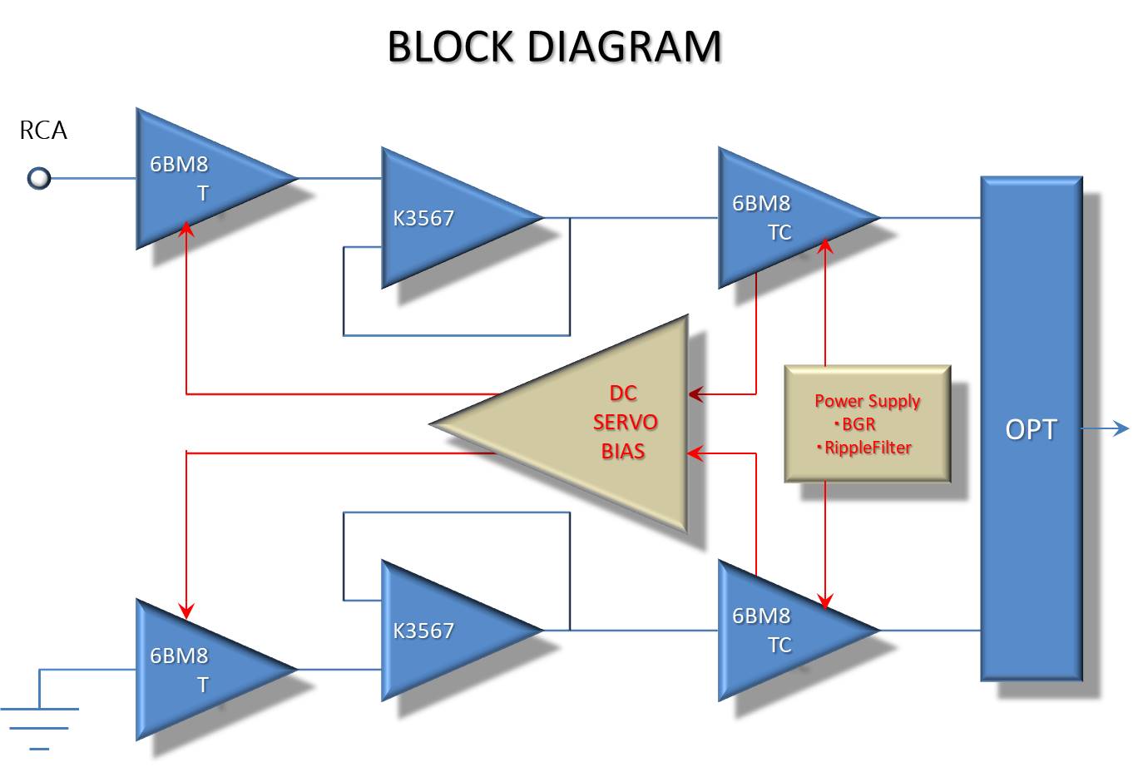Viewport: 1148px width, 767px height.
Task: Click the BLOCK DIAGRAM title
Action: pos(554,47)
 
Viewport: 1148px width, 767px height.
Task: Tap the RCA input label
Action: pos(43,131)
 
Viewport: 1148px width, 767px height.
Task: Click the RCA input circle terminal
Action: pos(39,178)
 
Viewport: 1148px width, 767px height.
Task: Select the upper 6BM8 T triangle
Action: pos(200,178)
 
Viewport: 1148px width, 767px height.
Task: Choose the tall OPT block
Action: pos(1032,428)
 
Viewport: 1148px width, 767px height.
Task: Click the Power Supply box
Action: pos(868,423)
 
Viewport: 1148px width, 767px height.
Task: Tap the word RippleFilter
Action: pos(868,448)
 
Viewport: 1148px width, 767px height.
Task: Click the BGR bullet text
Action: pos(857,424)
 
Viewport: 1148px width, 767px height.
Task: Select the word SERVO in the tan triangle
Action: pos(625,423)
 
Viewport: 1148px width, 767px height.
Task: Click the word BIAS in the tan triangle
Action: pos(623,451)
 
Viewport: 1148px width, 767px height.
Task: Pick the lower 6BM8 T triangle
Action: pos(200,669)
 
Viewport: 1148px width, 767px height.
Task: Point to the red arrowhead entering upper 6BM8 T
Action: pos(187,228)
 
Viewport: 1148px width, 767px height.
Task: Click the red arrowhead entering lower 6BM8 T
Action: pos(187,611)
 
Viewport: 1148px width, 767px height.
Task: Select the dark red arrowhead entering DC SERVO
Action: pos(696,393)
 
